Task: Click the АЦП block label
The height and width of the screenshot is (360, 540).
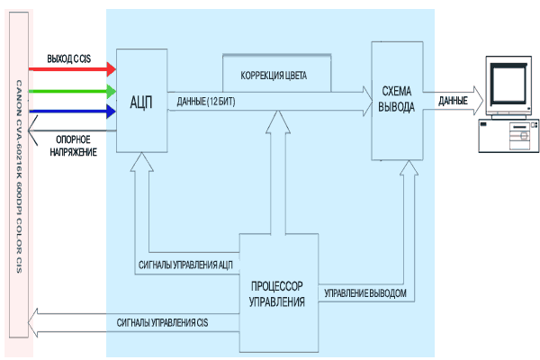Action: tap(141, 100)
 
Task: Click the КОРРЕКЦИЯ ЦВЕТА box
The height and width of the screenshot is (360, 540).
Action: tap(276, 74)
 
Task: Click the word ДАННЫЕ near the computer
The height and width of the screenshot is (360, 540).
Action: tap(452, 100)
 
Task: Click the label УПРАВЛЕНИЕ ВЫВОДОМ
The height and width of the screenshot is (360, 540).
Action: tap(369, 293)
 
